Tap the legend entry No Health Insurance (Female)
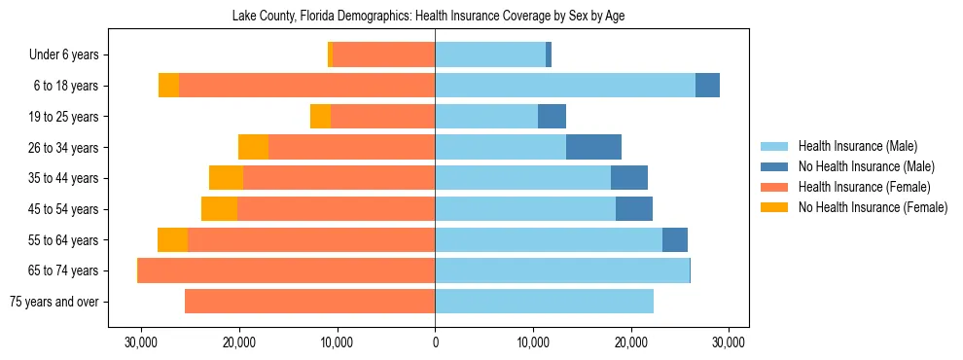872,207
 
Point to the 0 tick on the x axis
435,343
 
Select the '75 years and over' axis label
53,302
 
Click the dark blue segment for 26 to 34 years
593,147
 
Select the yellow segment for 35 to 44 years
226,178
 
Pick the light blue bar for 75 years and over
544,302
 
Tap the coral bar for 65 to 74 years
286,270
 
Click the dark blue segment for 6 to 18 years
707,86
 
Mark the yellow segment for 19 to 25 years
320,117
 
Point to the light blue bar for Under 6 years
490,55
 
